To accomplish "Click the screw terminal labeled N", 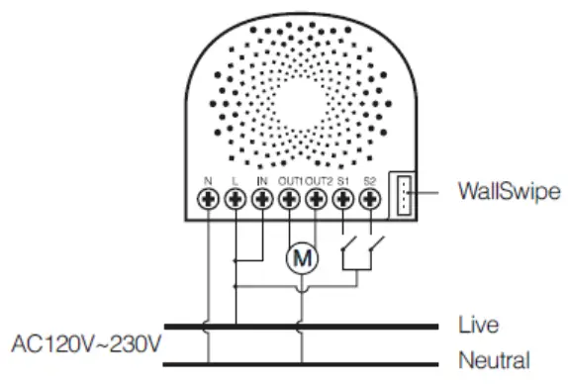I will point(209,199).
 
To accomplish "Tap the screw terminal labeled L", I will point(236,199).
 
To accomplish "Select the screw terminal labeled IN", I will point(262,199).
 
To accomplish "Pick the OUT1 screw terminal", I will point(290,199).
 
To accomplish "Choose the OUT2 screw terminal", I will point(317,199).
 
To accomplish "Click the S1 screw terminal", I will point(343,199).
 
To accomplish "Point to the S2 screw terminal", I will point(370,199).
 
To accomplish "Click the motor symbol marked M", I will point(303,257).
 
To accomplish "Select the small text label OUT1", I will point(290,180).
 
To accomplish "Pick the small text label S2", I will point(370,180).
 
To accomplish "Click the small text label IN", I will point(262,180).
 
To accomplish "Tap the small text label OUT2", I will point(317,180).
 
